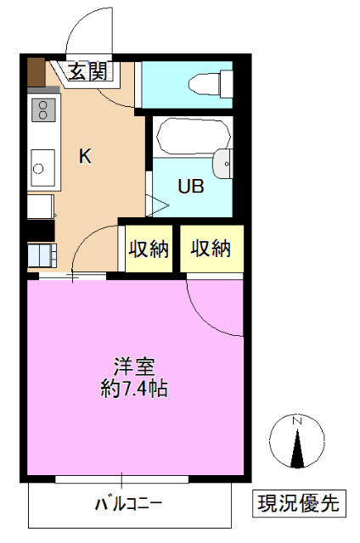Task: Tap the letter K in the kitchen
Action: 85,156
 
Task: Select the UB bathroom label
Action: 190,187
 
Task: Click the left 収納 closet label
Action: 149,249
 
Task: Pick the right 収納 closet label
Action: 210,249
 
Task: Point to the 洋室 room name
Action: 134,368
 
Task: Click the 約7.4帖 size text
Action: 134,389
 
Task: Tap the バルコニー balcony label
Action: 128,504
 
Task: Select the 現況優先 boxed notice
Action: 298,502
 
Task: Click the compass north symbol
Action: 296,442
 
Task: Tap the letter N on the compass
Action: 296,421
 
